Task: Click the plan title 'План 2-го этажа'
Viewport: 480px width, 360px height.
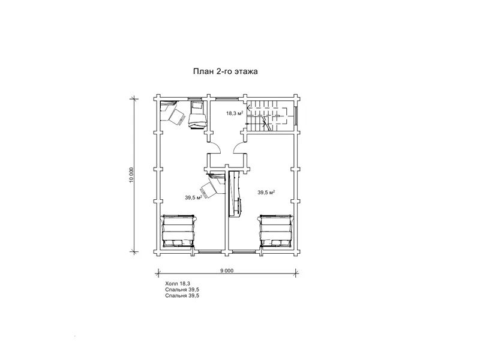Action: pyautogui.click(x=226, y=71)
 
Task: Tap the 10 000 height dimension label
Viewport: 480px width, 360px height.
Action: pyautogui.click(x=131, y=175)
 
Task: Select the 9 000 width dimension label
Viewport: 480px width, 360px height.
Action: pyautogui.click(x=227, y=271)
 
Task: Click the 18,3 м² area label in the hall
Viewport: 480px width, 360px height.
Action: pyautogui.click(x=235, y=113)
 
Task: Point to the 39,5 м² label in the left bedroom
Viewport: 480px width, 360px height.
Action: pyautogui.click(x=193, y=197)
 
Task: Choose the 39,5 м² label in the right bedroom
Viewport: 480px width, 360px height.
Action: pyautogui.click(x=266, y=192)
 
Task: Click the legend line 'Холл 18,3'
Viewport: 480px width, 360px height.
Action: pyautogui.click(x=178, y=284)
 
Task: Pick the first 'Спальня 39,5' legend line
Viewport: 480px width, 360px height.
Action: pyautogui.click(x=182, y=290)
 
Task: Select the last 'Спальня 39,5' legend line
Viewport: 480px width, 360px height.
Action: pyautogui.click(x=182, y=296)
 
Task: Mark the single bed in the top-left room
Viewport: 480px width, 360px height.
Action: pyautogui.click(x=196, y=115)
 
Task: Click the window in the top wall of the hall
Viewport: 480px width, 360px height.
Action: pyautogui.click(x=227, y=98)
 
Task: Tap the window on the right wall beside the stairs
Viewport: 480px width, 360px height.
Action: pyautogui.click(x=296, y=115)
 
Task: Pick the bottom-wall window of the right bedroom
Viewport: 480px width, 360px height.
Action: pyautogui.click(x=244, y=251)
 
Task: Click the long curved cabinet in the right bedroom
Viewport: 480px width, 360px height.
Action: pyautogui.click(x=235, y=194)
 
